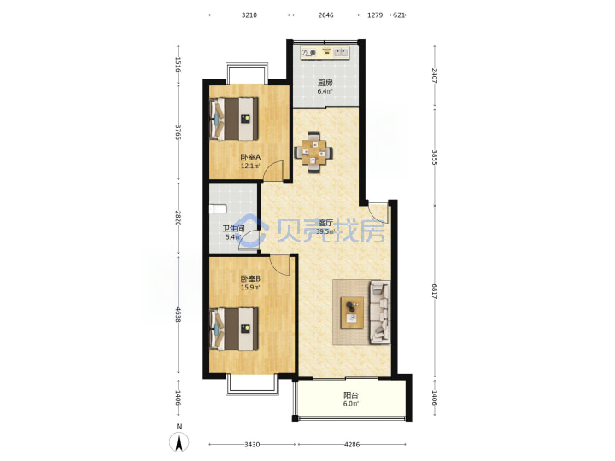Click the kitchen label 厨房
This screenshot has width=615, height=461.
click(x=325, y=83)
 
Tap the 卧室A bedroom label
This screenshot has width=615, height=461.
click(x=250, y=158)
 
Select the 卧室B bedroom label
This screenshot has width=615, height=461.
click(x=250, y=279)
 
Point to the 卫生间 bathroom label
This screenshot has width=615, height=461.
click(x=234, y=229)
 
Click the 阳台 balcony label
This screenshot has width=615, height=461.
click(x=351, y=395)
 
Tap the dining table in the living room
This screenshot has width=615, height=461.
click(x=313, y=153)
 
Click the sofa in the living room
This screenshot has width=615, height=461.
click(x=379, y=312)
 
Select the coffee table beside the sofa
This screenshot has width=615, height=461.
click(x=352, y=312)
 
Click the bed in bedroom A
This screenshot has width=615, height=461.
click(x=234, y=119)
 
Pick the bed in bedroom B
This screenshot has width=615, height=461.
click(x=234, y=329)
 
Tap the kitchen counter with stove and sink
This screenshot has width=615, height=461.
click(x=325, y=53)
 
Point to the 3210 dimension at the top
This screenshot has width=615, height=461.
click(x=249, y=15)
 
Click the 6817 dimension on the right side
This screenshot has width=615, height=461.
click(x=434, y=291)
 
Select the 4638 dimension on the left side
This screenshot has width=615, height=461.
click(x=179, y=315)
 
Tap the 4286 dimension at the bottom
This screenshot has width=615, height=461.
click(x=352, y=445)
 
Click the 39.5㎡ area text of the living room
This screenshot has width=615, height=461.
click(x=325, y=231)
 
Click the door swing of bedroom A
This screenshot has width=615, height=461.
click(x=272, y=171)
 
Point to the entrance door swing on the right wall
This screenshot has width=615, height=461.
click(x=378, y=213)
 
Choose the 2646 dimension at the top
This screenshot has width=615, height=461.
click(x=326, y=15)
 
